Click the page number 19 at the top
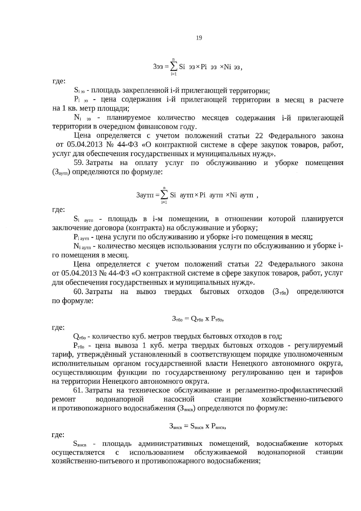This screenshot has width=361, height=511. [x=199, y=38]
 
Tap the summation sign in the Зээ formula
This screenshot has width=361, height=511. [x=174, y=66]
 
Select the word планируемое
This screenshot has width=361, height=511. [x=130, y=118]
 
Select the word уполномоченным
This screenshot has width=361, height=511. [x=317, y=354]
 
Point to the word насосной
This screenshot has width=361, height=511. [x=179, y=399]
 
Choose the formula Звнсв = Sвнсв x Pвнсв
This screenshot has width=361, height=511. [x=197, y=426]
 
